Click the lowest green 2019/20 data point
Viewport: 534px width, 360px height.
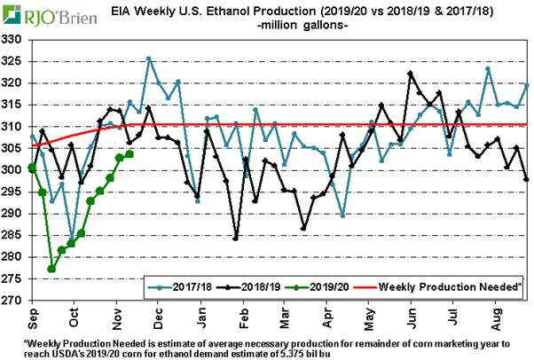(x=51, y=269)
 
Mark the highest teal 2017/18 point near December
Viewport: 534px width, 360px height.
(x=148, y=59)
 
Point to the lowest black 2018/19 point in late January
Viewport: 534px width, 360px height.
(x=236, y=238)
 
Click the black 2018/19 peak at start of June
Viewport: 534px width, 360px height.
(x=410, y=73)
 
